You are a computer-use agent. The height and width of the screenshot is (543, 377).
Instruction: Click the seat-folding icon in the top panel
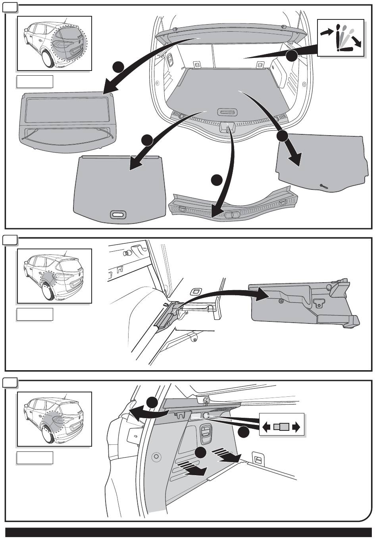tap(340, 38)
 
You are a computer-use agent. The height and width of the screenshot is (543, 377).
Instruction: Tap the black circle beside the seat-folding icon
tap(292, 56)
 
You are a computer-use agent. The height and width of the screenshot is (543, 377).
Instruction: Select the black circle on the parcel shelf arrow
tap(117, 67)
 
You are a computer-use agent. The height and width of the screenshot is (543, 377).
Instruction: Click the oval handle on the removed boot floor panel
tap(117, 214)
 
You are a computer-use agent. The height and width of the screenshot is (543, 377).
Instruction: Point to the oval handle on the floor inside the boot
tap(227, 112)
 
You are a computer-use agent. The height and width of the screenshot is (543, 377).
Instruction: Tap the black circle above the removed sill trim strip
tap(216, 180)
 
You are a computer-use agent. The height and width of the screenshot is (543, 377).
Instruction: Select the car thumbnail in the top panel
tap(55, 44)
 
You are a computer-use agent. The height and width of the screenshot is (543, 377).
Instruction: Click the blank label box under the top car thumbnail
tap(35, 81)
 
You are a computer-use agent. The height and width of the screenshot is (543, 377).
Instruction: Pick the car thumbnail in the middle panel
tap(55, 276)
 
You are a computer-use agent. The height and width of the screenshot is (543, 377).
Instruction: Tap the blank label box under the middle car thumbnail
tap(35, 314)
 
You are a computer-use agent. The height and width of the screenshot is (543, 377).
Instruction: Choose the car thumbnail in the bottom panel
tap(55, 419)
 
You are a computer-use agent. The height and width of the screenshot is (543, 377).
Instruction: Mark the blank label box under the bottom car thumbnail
tap(35, 457)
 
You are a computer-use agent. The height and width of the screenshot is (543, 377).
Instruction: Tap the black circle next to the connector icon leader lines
tap(244, 432)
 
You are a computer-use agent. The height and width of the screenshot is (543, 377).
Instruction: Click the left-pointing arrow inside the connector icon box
tap(267, 427)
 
